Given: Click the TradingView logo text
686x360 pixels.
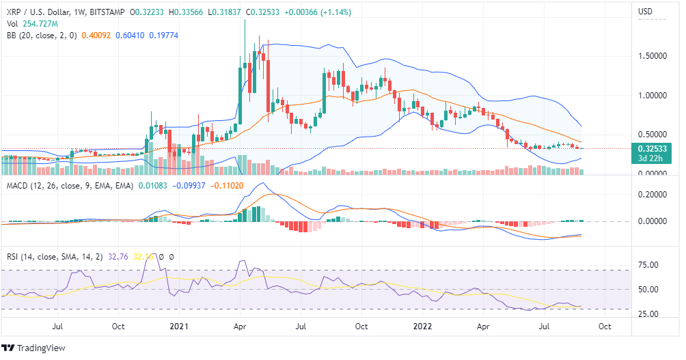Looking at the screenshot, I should click(40, 348).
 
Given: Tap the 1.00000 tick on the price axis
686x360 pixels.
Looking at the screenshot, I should click(653, 95).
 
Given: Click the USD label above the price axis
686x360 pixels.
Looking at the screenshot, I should click(646, 12).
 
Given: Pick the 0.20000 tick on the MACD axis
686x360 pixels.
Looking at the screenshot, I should click(653, 195).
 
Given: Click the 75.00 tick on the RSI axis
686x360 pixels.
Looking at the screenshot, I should click(648, 265).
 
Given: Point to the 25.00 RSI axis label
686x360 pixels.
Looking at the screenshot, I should click(648, 314).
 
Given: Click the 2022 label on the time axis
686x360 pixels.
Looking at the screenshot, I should click(421, 327).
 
